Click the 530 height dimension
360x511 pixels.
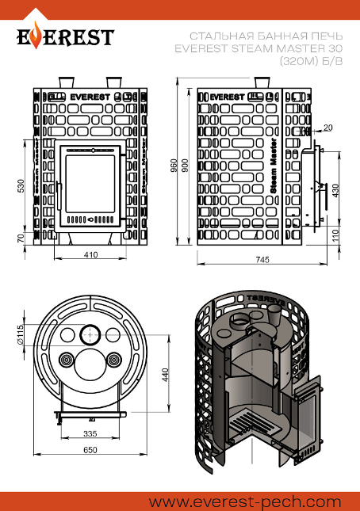coord(21,185)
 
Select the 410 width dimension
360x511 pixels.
coord(90,254)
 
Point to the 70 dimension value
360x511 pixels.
coord(21,238)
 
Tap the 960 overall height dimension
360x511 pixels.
coord(174,166)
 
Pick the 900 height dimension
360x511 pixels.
coord(185,166)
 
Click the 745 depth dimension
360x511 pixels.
coord(262,259)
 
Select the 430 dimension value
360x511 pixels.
coord(335,190)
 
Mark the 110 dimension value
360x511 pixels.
coord(335,235)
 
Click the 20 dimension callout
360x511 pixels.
coord(327,128)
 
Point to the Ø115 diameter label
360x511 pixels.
coord(20,334)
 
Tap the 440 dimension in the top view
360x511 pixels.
coord(165,375)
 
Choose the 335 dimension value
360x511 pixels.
coord(90,433)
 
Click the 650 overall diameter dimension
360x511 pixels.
coord(90,450)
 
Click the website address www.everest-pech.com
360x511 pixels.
coord(245,501)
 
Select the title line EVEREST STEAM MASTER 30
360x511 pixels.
coord(259,48)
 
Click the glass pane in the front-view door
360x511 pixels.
coord(90,184)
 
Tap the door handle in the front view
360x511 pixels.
coord(59,196)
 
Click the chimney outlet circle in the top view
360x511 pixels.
coord(90,334)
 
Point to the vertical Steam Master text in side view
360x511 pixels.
coord(274,166)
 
